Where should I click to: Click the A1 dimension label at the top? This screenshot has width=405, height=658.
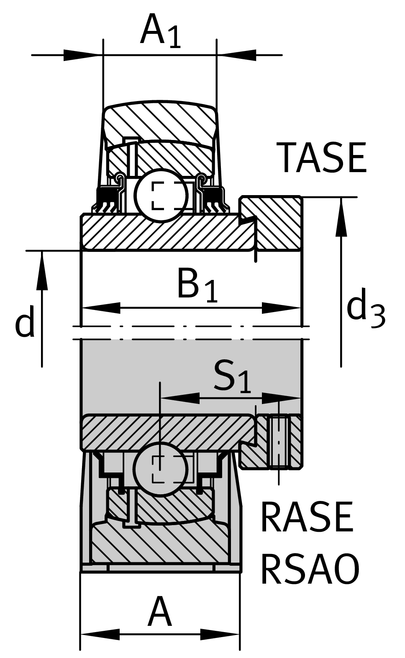pos(161,31)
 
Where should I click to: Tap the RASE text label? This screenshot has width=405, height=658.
pos(307,518)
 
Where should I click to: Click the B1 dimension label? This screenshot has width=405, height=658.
pos(197,286)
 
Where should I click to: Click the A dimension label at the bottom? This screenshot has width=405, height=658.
pos(159,612)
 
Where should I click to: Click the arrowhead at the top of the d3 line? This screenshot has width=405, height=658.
pos(341,217)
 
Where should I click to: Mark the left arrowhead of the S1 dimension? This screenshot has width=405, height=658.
pos(180,398)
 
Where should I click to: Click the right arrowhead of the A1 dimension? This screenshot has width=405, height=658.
pos(236,55)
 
